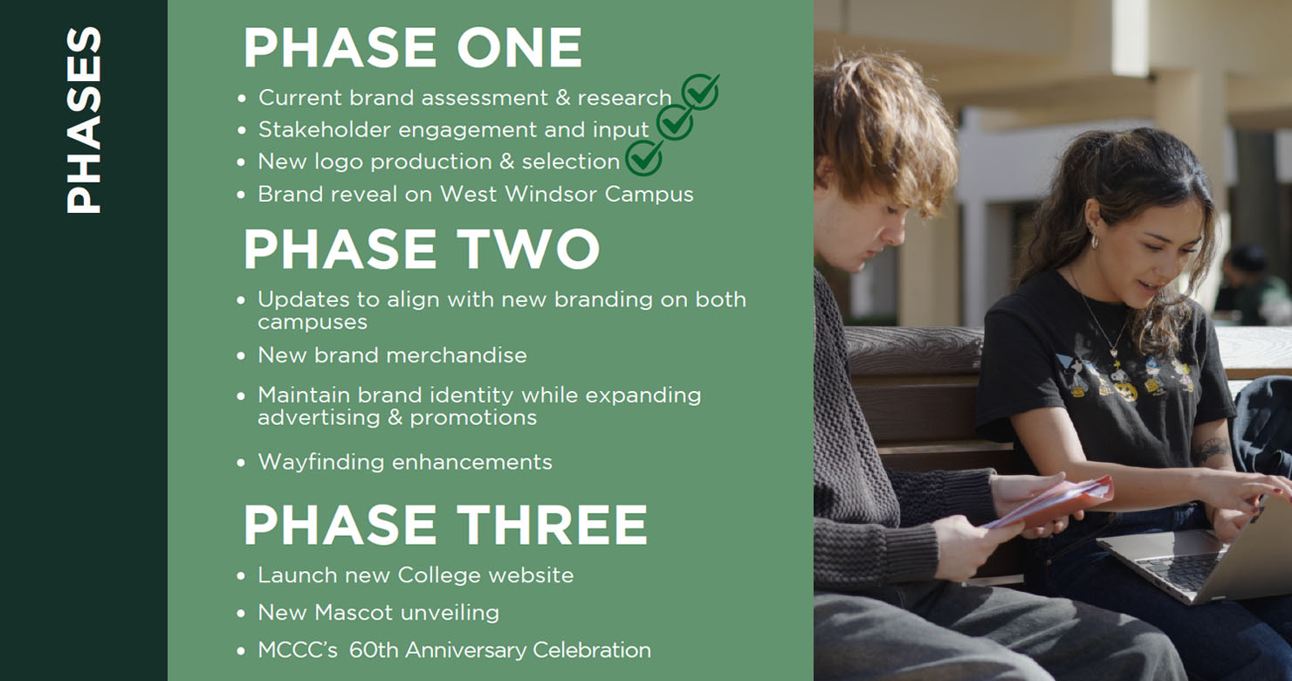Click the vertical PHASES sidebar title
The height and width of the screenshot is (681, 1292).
(84, 120)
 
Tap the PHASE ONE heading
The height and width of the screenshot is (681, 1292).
(413, 48)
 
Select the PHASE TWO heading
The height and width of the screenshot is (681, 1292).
(422, 249)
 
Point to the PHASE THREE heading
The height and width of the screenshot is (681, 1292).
(445, 524)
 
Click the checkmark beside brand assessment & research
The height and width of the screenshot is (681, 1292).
(701, 91)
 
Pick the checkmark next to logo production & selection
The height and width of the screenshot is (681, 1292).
(645, 157)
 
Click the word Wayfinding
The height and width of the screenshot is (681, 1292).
(320, 463)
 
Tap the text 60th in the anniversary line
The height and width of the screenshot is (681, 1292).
(373, 650)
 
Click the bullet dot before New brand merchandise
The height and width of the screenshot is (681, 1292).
(241, 356)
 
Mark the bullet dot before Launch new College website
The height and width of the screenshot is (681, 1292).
(241, 576)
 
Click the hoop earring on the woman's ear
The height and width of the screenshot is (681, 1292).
(1094, 241)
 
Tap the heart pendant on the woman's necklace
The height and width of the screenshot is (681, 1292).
(1114, 352)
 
